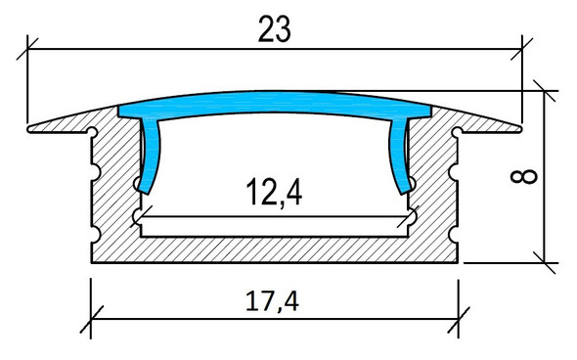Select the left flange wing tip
click(x=32, y=125)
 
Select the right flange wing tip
click(x=518, y=124)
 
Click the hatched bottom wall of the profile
click(x=275, y=250)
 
